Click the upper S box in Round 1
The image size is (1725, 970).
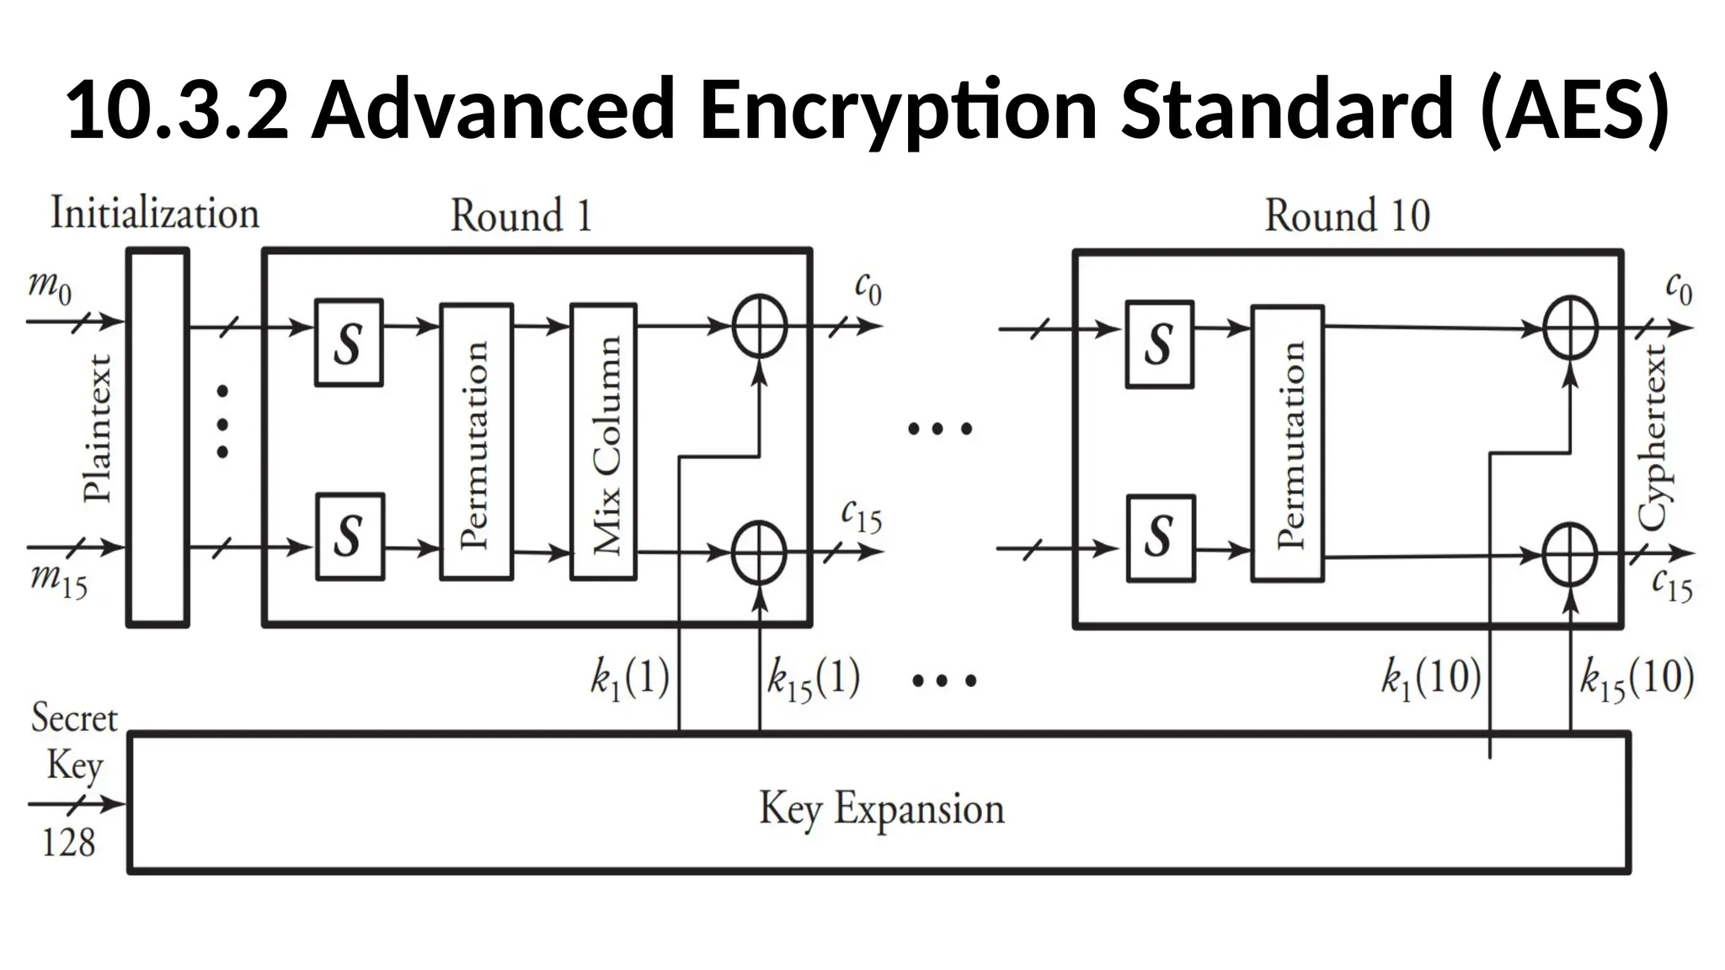pyautogui.click(x=349, y=343)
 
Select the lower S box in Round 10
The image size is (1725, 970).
pyautogui.click(x=1160, y=537)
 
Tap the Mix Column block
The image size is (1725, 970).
pyautogui.click(x=603, y=442)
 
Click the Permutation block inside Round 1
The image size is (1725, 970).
pyautogui.click(x=476, y=442)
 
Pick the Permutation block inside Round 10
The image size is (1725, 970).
pyautogui.click(x=1287, y=444)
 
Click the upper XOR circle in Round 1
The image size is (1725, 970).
pyautogui.click(x=759, y=326)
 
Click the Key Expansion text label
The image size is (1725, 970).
pyautogui.click(x=881, y=808)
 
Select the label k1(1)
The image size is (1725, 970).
pyautogui.click(x=630, y=678)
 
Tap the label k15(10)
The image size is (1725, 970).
pyautogui.click(x=1636, y=678)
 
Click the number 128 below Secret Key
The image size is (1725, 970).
pyautogui.click(x=68, y=842)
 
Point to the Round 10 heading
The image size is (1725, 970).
pyautogui.click(x=1347, y=216)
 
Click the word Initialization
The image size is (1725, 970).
pyautogui.click(x=155, y=212)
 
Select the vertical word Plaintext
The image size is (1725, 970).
pyautogui.click(x=98, y=429)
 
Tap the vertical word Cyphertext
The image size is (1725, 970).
pyautogui.click(x=1653, y=438)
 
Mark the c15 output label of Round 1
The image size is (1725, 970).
pyautogui.click(x=861, y=516)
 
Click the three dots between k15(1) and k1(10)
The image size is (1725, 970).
pyautogui.click(x=943, y=680)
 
